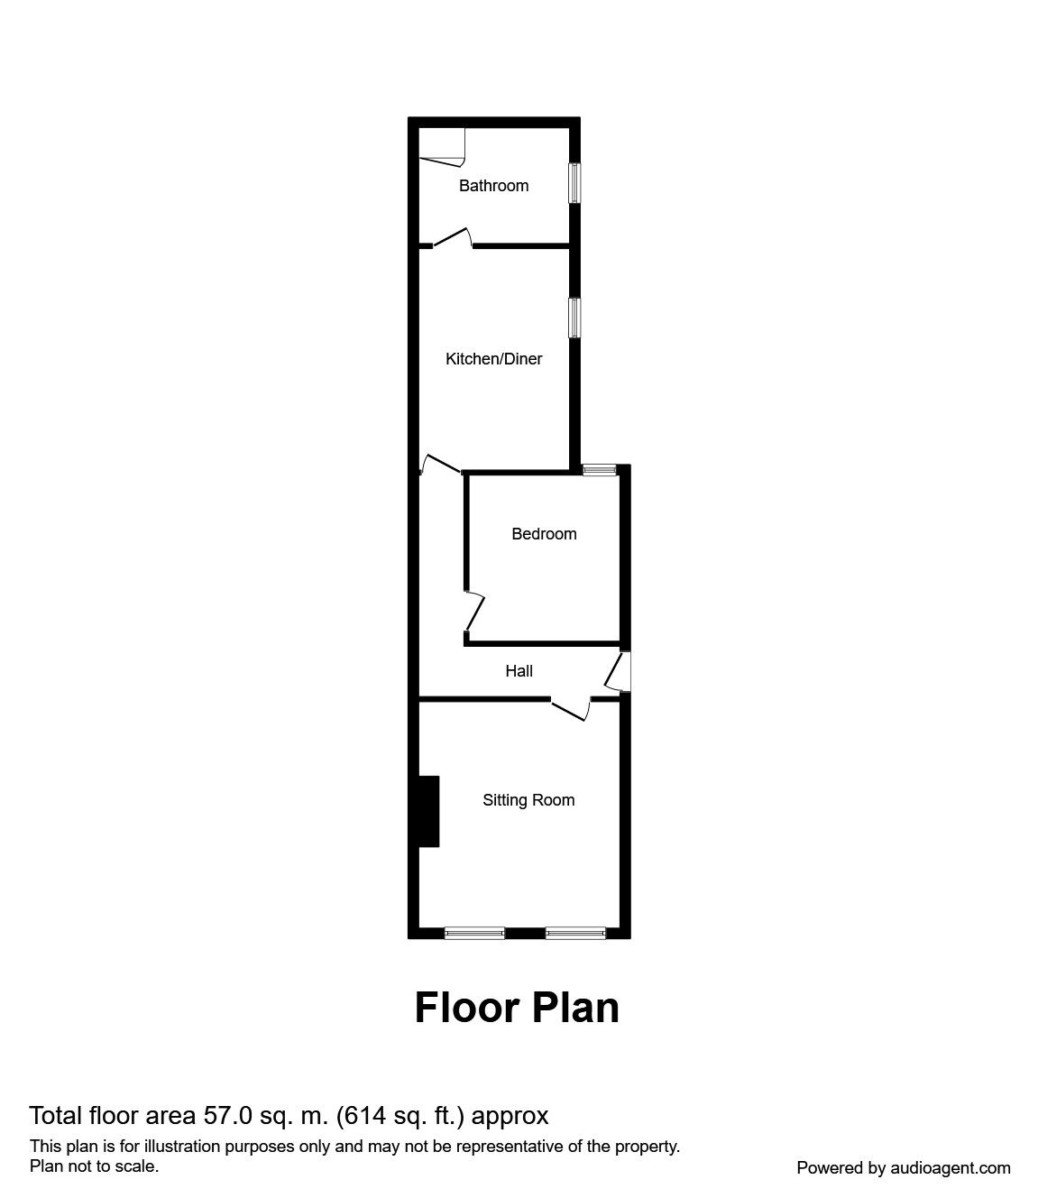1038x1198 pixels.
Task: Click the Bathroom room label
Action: (493, 186)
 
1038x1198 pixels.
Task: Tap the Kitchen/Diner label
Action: (494, 359)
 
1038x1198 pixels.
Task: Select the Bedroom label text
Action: (544, 534)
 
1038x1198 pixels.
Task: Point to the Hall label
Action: (519, 671)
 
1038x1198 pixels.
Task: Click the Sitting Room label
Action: (528, 800)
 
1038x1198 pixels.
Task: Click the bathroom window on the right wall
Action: (574, 183)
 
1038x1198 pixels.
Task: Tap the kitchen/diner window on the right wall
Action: (574, 318)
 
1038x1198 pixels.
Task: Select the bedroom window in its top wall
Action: (599, 469)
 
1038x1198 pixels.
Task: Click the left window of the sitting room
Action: (474, 933)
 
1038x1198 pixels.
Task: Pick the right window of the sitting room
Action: (575, 933)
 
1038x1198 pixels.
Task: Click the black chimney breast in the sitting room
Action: (429, 811)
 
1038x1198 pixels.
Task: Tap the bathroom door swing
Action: (454, 237)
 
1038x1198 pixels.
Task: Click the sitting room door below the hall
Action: (571, 709)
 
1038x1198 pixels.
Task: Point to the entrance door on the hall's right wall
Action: (620, 672)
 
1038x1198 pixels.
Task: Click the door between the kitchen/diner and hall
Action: (441, 464)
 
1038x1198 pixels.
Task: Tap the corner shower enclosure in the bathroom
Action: (442, 145)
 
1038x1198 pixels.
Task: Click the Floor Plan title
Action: (517, 1008)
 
